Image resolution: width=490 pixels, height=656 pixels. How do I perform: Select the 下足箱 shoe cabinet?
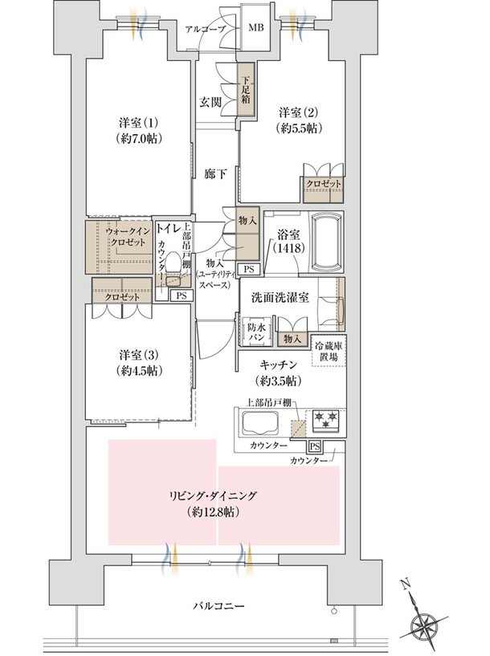pos(247,95)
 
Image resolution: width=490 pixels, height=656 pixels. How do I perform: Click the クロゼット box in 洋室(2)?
pos(323,184)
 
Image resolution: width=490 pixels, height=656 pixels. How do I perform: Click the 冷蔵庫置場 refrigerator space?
pos(329,350)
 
